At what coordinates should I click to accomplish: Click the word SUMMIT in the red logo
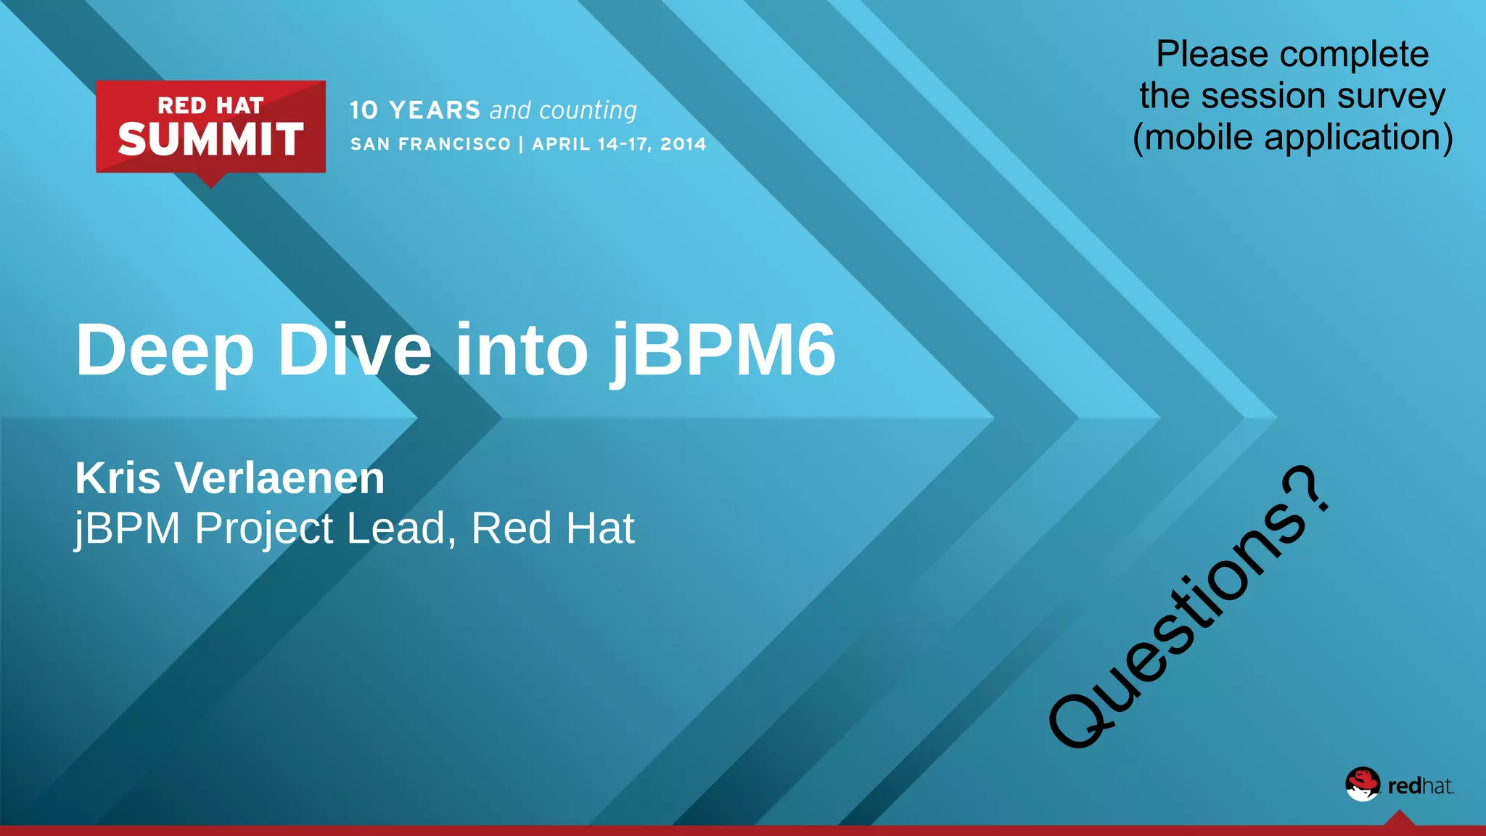(210, 139)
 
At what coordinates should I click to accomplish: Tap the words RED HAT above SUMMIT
(210, 106)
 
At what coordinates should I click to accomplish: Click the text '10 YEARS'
(415, 110)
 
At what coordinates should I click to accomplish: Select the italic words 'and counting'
(563, 110)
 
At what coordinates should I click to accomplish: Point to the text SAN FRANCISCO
(431, 144)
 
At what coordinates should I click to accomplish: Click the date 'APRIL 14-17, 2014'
(619, 144)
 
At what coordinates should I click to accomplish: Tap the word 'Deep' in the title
(165, 351)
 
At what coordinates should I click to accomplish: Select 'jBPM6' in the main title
(723, 351)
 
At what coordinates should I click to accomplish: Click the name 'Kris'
(118, 478)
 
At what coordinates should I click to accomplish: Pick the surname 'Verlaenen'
(280, 478)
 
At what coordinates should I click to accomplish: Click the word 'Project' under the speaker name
(264, 530)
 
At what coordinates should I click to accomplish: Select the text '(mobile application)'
(1292, 137)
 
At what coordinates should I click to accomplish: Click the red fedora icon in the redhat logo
(1362, 784)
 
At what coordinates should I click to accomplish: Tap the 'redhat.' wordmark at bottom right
(1420, 786)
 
